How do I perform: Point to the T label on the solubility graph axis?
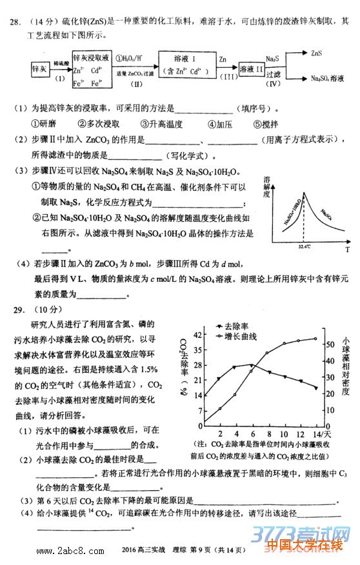pyautogui.click(x=347, y=248)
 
